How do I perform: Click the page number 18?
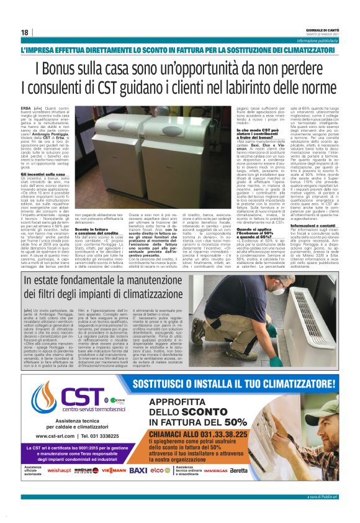click(x=24, y=32)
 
